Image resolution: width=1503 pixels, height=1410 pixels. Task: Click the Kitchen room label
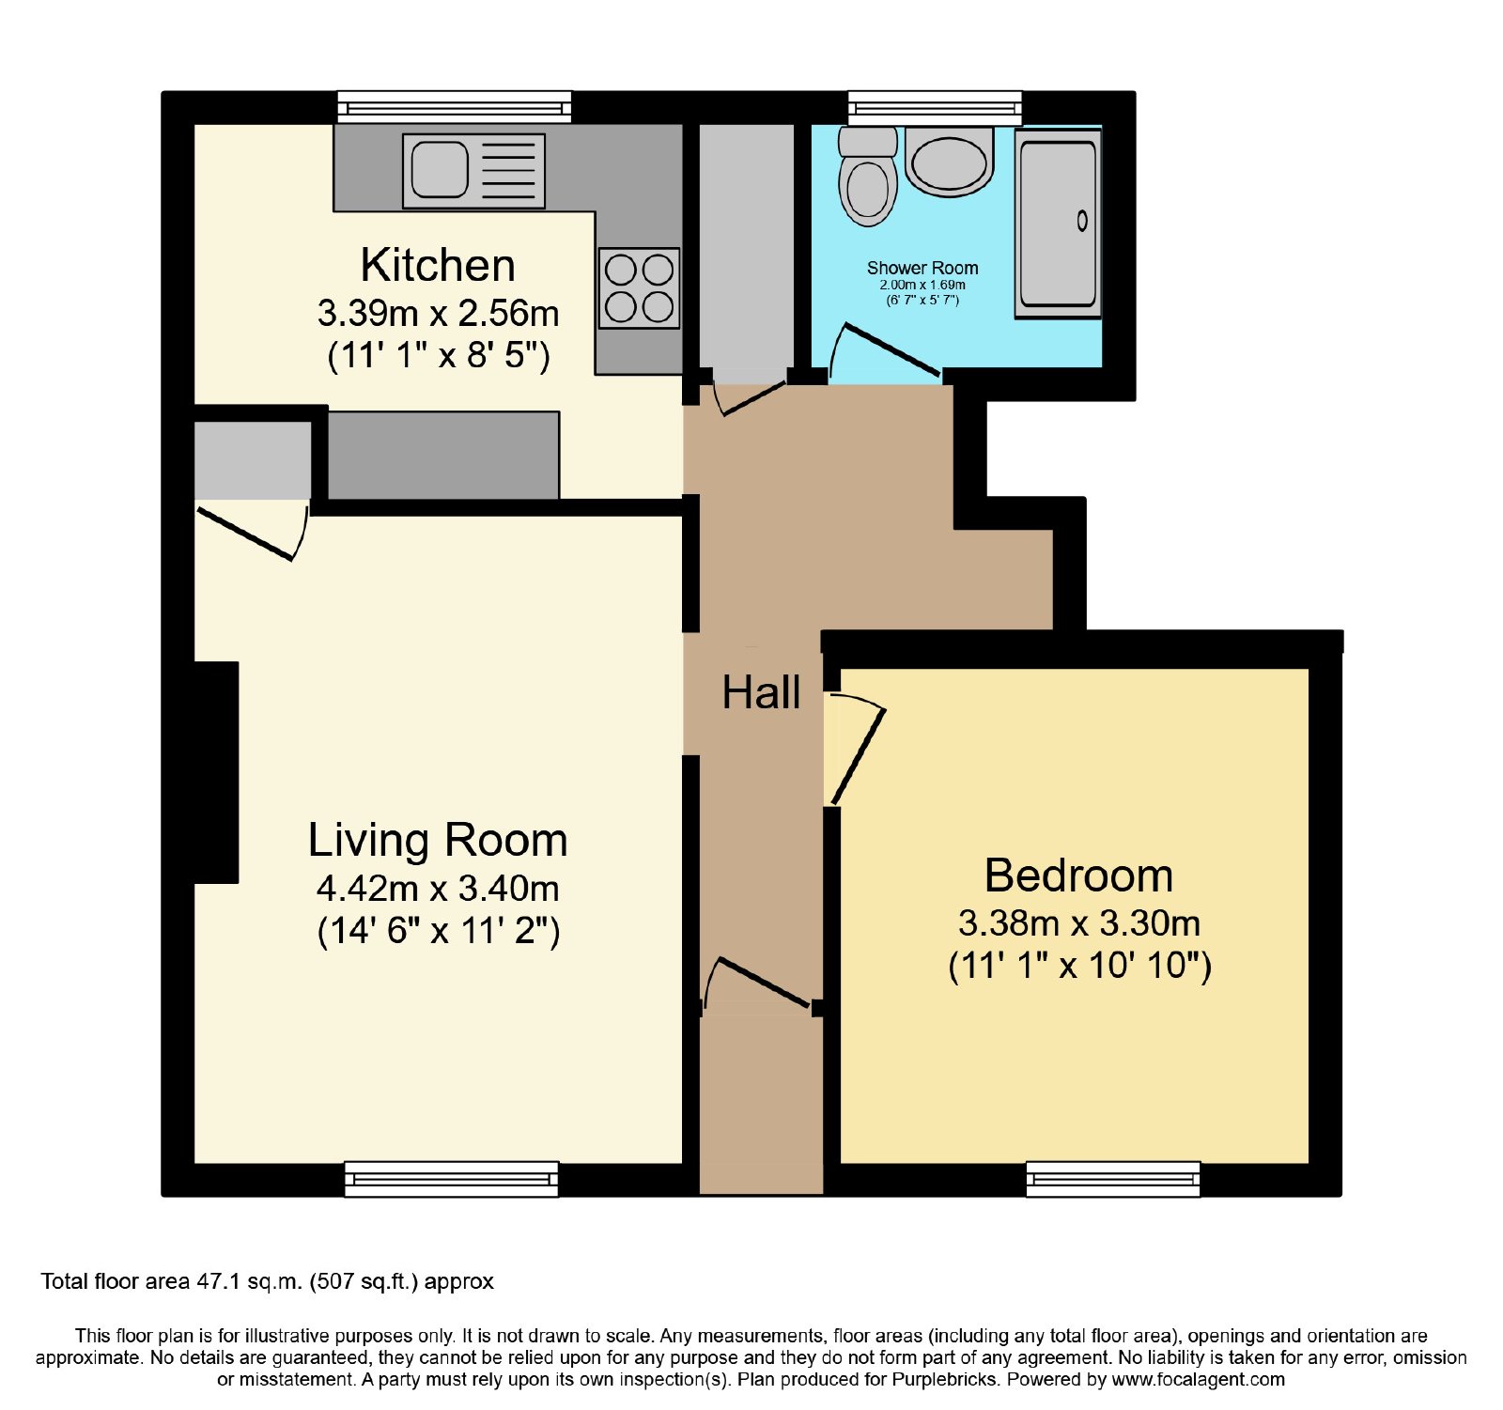point(438,265)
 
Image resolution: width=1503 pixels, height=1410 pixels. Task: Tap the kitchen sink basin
point(440,169)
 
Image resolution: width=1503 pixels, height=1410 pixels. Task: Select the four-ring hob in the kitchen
point(639,287)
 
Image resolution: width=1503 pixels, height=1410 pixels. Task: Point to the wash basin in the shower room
point(950,162)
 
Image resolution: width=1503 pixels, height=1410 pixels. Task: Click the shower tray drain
point(1082,221)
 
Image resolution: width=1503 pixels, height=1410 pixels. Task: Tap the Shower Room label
point(922,268)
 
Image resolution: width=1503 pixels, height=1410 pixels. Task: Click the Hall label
point(761,692)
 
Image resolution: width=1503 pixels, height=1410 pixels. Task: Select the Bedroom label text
point(1078,875)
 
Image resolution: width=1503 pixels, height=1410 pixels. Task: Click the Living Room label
point(438,840)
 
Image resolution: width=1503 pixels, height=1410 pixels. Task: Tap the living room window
point(452,1179)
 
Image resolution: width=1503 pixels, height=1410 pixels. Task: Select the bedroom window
point(1113,1179)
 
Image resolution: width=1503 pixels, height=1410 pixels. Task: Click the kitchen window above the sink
point(455,107)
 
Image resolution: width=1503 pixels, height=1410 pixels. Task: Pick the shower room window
point(935,107)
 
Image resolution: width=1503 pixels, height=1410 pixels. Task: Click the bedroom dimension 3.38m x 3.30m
point(1079,923)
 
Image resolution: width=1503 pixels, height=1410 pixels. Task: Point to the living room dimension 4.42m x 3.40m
point(438,888)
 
